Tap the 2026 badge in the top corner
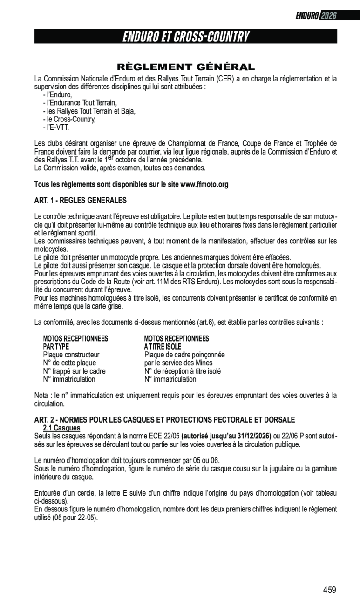(x=328, y=16)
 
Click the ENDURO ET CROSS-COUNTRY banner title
(x=186, y=37)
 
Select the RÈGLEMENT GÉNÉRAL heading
(x=186, y=67)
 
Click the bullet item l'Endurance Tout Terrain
(x=80, y=103)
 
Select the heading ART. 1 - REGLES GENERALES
(x=81, y=201)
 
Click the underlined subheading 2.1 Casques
(x=61, y=428)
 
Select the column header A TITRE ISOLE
(x=163, y=347)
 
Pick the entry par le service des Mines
(x=178, y=363)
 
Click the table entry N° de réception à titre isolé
(x=183, y=371)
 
